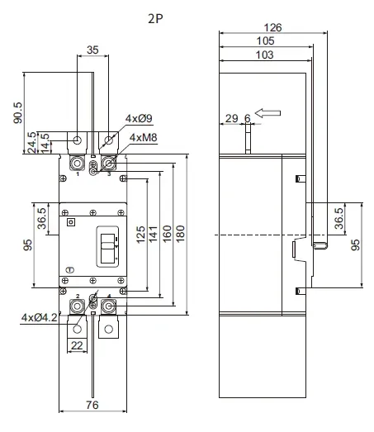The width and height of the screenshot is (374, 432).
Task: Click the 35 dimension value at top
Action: [92, 50]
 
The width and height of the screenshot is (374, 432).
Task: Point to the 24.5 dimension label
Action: [32, 141]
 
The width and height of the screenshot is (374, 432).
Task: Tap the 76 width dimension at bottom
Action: [92, 404]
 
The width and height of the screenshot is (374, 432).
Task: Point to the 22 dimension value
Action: [76, 344]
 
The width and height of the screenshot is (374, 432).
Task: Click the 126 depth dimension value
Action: [272, 27]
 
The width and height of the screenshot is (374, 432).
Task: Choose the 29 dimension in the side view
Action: [231, 119]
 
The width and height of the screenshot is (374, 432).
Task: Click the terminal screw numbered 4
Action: [107, 306]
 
